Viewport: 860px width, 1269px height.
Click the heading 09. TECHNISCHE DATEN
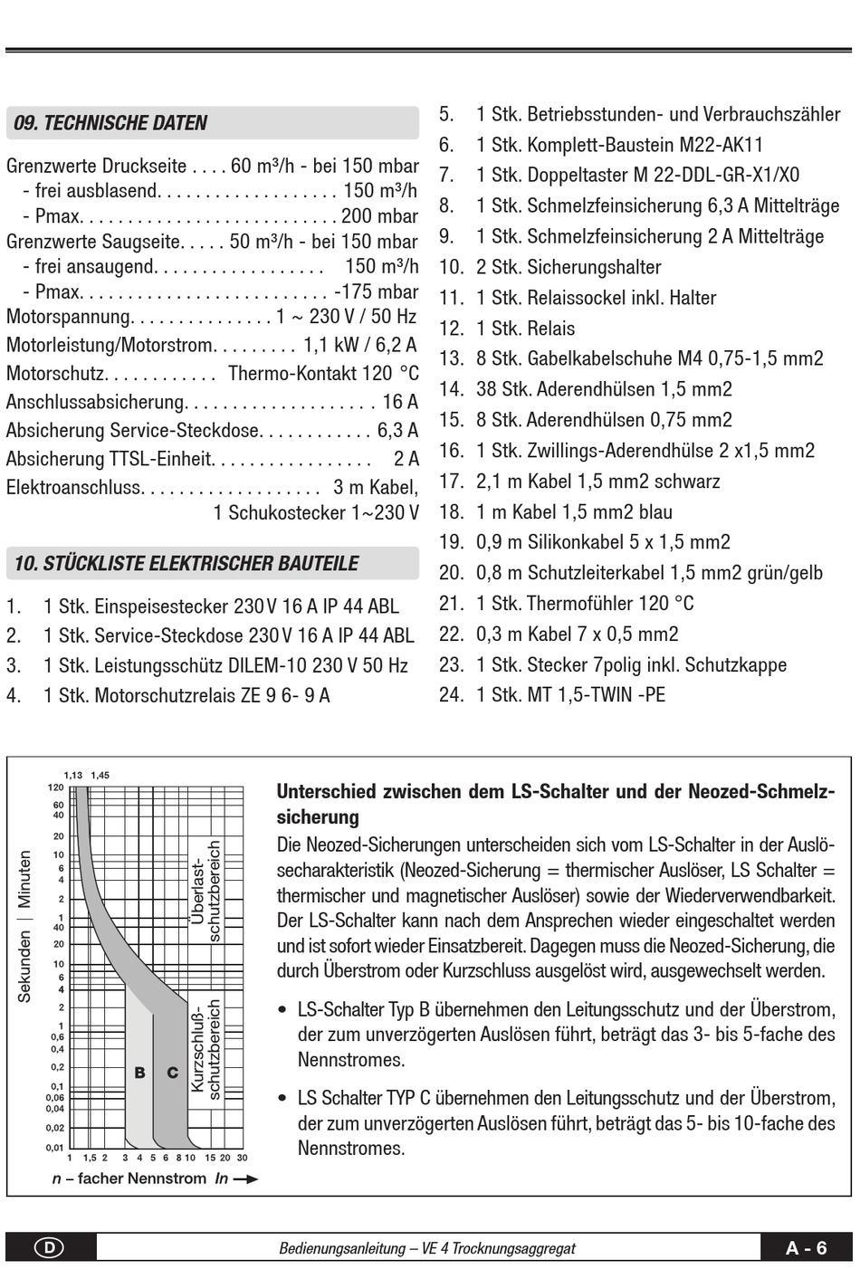point(110,123)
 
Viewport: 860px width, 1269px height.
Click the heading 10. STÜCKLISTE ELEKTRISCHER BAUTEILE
point(186,563)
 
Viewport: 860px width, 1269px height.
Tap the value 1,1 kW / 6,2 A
point(359,345)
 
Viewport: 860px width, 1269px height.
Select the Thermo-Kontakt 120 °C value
point(323,373)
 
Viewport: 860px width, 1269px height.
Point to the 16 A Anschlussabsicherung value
point(400,402)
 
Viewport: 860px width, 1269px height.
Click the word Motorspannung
point(69,317)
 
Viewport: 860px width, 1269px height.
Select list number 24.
point(451,694)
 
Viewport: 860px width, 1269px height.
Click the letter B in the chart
point(139,1073)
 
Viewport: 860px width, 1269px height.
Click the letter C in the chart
point(172,1073)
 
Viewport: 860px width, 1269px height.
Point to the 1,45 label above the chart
point(100,775)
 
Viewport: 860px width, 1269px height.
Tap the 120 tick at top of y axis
point(56,787)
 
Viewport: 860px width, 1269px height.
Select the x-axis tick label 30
point(242,1158)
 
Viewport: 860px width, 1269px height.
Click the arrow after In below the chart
point(245,1178)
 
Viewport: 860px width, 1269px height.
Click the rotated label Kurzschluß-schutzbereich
point(205,1050)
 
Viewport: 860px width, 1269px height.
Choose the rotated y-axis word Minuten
point(24,878)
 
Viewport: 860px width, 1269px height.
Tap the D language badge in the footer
point(49,1247)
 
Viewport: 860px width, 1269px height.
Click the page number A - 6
point(806,1247)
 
